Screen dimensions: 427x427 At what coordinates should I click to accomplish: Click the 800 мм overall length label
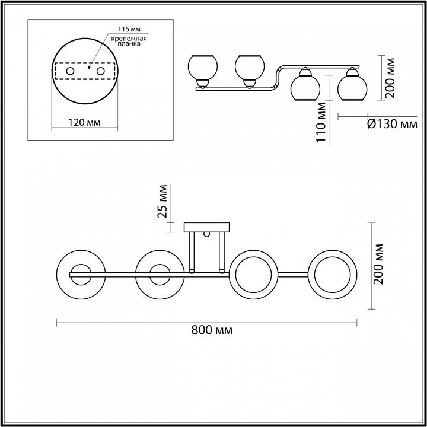[x=212, y=330]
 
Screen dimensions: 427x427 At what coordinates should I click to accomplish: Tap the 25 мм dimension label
[x=162, y=202]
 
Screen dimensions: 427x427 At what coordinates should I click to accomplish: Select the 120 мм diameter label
[x=84, y=123]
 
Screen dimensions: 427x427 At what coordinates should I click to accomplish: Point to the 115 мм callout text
[x=129, y=29]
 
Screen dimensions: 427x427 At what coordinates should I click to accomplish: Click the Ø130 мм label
[x=392, y=125]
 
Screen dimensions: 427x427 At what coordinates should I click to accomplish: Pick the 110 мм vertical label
[x=321, y=122]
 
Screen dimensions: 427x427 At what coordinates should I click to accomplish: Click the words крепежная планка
[x=129, y=41]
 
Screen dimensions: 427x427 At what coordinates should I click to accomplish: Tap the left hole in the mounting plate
[x=70, y=71]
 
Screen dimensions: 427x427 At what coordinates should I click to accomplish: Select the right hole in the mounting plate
[x=100, y=71]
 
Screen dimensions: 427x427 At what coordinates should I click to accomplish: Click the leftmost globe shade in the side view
[x=203, y=68]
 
